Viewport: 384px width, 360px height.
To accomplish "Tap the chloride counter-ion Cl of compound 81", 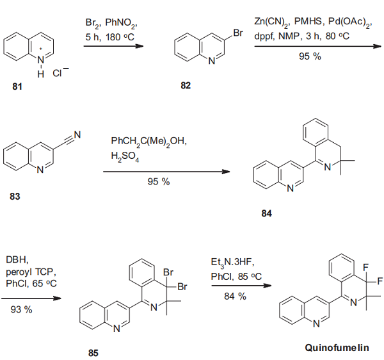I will [x=57, y=73].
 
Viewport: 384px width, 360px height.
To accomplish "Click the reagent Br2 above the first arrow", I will [x=93, y=23].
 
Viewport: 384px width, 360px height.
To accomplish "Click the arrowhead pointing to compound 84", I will [x=225, y=172].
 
